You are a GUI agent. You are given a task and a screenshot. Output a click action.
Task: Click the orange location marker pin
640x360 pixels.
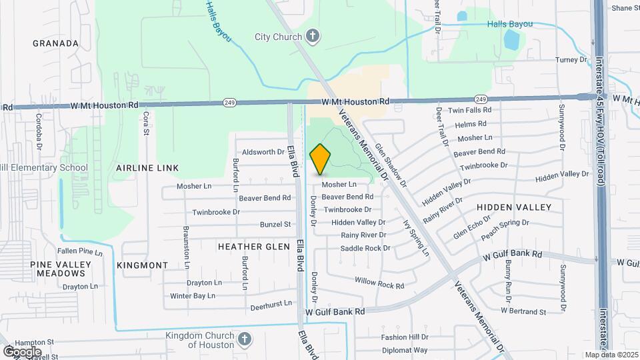pos(320,159)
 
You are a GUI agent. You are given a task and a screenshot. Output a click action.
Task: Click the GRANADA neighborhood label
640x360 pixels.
pos(56,43)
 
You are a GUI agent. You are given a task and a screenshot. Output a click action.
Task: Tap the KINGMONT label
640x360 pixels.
pos(142,265)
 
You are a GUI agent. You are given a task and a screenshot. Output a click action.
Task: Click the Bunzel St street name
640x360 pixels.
pos(275,225)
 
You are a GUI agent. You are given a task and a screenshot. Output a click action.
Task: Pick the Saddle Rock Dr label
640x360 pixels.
pos(365,248)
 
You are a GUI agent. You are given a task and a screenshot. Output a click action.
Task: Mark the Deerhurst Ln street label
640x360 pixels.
pos(271,303)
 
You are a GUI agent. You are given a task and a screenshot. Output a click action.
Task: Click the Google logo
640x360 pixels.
pos(22,351)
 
